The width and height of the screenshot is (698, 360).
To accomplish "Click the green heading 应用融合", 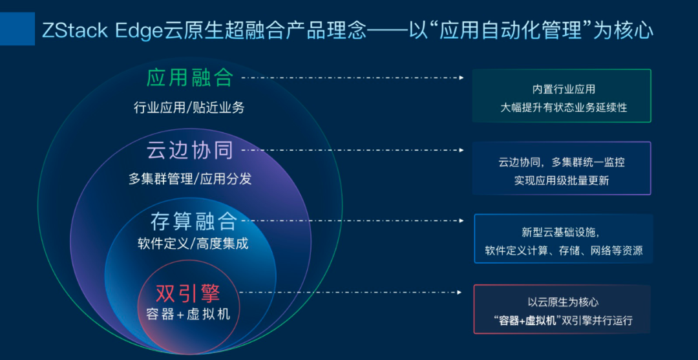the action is (190, 78).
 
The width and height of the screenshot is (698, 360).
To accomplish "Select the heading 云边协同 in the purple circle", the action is (190, 151).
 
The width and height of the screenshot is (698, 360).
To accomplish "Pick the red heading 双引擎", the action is (188, 293).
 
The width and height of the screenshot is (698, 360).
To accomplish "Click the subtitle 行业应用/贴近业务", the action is (189, 108).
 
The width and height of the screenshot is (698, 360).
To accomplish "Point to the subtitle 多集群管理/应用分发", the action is (190, 179).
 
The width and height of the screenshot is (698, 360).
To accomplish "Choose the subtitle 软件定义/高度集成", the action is (193, 244).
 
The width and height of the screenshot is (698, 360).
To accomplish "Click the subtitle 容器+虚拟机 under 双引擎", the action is (188, 313).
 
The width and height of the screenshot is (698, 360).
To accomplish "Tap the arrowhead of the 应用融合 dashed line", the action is (461, 78).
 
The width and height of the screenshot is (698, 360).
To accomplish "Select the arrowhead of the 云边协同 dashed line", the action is (461, 151).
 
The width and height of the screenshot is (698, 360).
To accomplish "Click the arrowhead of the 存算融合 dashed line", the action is (461, 220).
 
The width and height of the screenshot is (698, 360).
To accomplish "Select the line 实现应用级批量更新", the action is (562, 180).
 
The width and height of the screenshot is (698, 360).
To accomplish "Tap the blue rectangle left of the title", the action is (17, 28).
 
